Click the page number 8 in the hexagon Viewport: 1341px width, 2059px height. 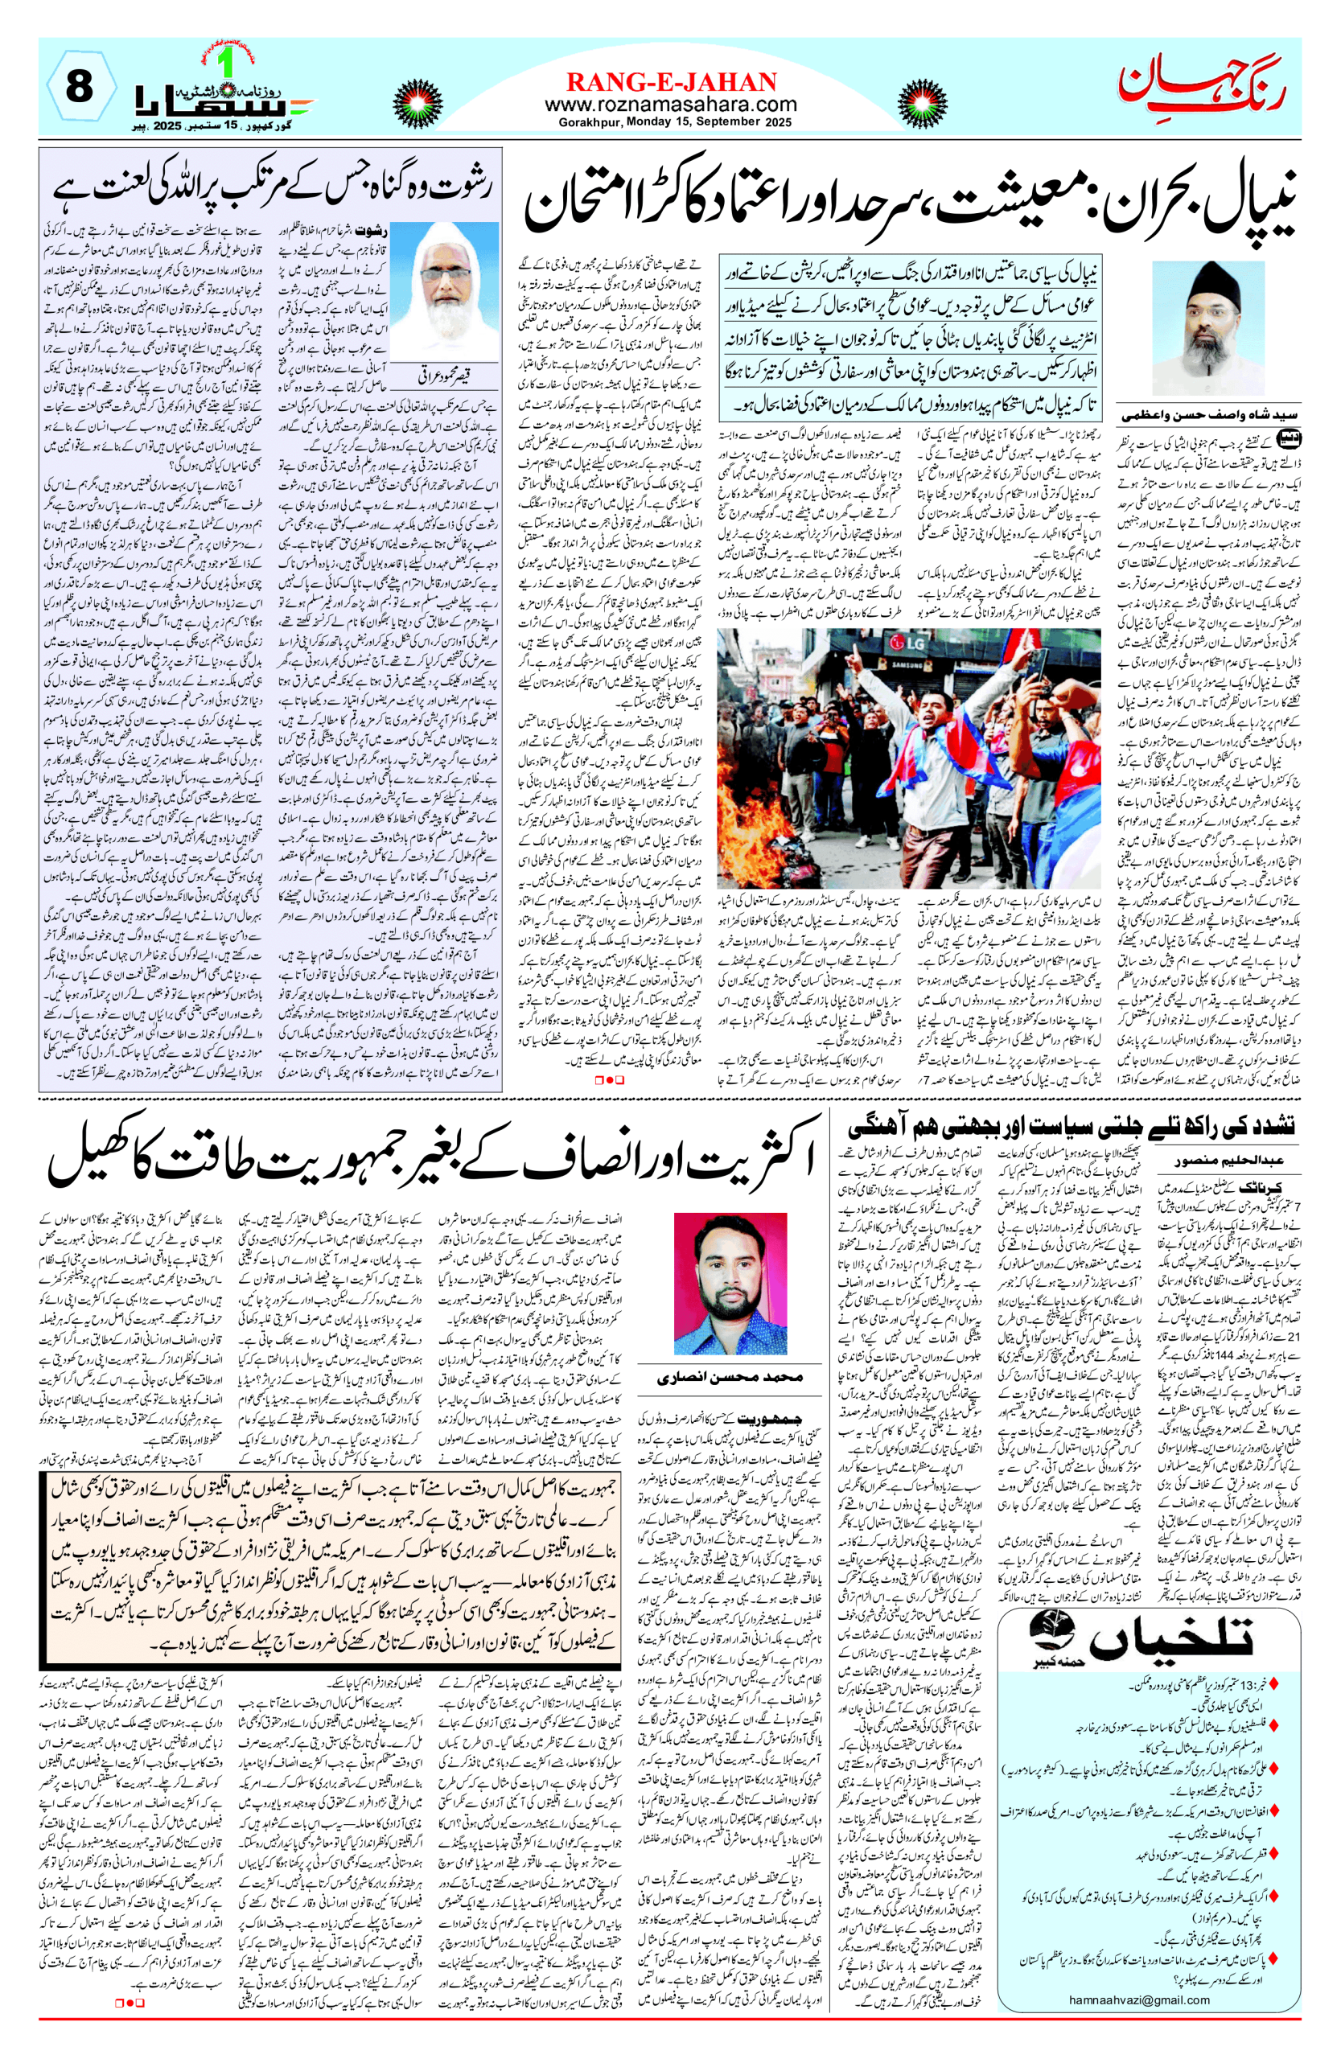79,88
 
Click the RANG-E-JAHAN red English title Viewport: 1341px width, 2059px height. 671,82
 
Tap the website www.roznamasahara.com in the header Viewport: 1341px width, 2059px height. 671,104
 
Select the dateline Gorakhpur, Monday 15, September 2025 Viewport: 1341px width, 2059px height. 671,122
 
